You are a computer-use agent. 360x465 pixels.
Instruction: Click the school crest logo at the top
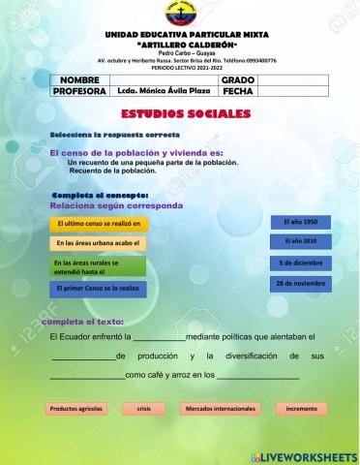click(x=180, y=15)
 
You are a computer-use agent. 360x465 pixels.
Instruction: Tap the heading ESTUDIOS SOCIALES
click(x=181, y=114)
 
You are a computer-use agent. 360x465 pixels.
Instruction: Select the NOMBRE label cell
click(x=79, y=78)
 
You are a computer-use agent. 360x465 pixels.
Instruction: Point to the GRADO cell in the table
click(x=237, y=78)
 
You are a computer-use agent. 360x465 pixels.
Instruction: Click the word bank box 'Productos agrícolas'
click(x=77, y=409)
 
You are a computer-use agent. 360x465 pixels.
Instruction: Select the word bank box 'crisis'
click(x=143, y=409)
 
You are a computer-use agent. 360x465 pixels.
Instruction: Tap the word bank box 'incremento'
click(x=301, y=409)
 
